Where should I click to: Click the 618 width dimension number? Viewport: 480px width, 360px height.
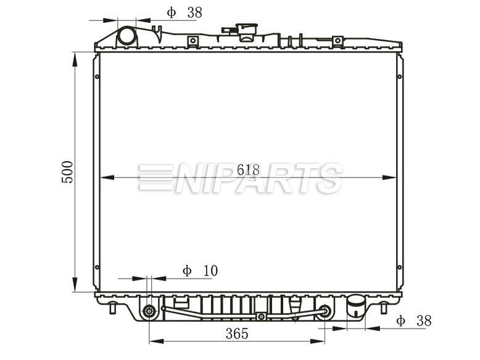[248, 170]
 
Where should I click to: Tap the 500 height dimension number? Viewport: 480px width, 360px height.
[67, 172]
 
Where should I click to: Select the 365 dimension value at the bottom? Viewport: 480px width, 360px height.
[237, 333]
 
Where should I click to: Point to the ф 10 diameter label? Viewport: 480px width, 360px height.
[200, 271]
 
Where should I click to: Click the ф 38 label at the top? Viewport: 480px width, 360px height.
[184, 12]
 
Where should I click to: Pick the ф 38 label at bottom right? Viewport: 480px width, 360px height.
[414, 321]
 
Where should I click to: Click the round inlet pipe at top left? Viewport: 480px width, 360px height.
[127, 36]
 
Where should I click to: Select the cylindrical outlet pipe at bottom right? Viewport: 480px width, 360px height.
[356, 306]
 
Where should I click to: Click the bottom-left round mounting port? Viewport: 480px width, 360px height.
[149, 312]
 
